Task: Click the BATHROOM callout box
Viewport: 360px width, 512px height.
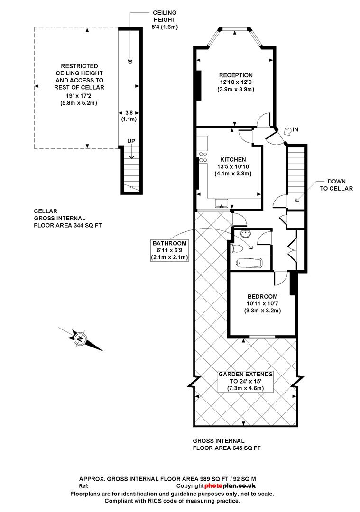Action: tap(169, 250)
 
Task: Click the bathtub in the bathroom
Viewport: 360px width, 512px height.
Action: tap(249, 263)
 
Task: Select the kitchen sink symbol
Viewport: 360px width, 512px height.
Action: tap(222, 203)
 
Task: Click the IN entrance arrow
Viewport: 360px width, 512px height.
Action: tap(290, 130)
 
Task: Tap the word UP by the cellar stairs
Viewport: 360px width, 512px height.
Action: tap(131, 141)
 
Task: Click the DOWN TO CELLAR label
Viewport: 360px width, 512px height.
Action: tap(336, 185)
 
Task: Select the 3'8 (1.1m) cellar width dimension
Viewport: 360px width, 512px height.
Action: tap(129, 116)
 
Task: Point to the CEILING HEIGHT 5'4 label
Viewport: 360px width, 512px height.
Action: tap(165, 19)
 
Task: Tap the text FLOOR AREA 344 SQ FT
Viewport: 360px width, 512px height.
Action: tap(68, 225)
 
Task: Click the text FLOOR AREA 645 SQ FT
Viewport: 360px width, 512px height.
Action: tap(227, 448)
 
